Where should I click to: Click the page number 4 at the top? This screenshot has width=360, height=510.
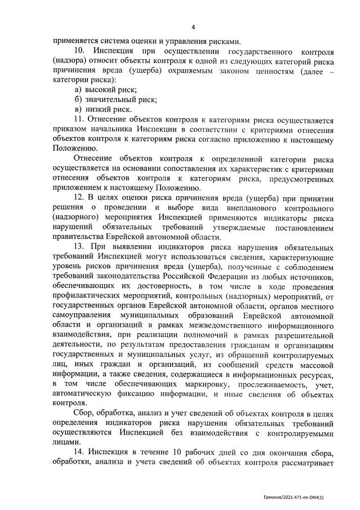[193, 27]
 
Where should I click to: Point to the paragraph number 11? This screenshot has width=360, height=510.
[80, 119]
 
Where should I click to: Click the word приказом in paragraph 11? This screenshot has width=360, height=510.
[70, 130]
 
